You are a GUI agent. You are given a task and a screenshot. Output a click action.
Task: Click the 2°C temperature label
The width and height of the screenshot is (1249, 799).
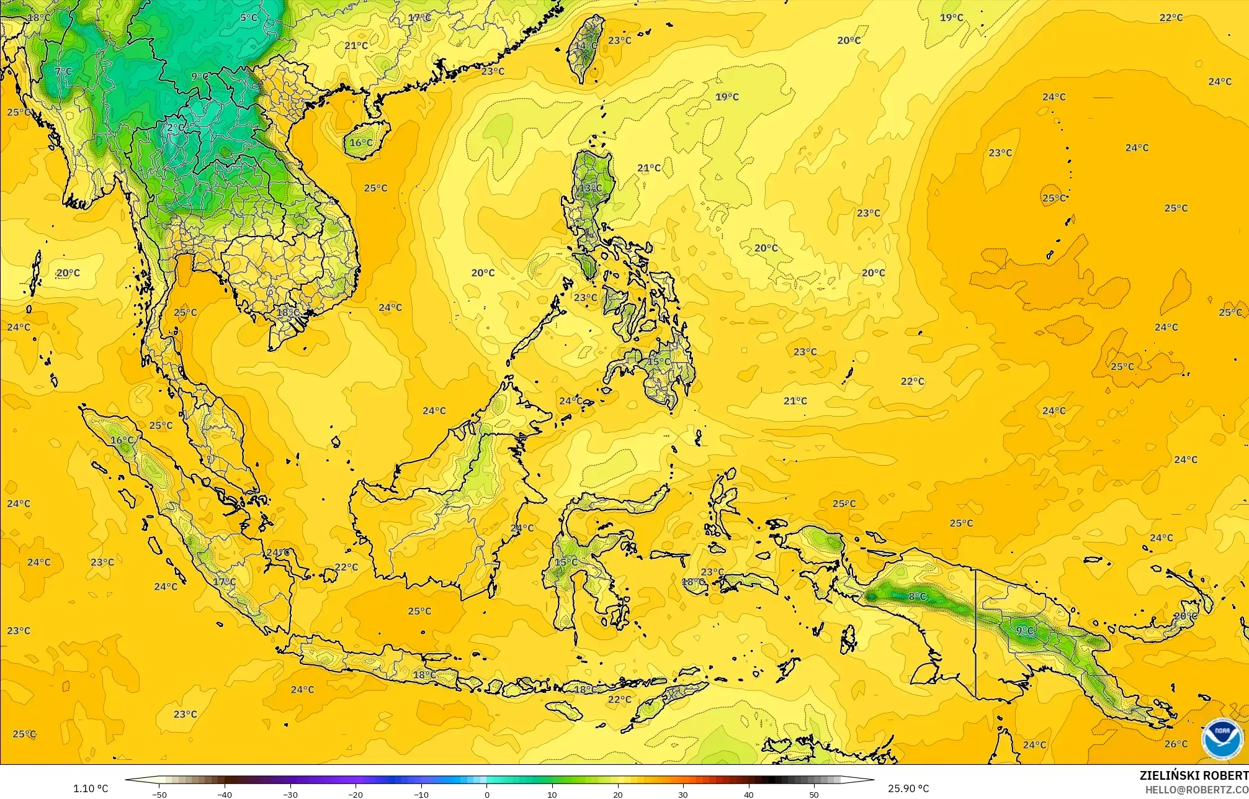pos(176,127)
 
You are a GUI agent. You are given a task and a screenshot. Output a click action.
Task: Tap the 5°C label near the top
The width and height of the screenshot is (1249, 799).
pos(249,17)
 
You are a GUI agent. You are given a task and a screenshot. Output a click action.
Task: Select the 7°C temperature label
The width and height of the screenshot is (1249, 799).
pos(63,71)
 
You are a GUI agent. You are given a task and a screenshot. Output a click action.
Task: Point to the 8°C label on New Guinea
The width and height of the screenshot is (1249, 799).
pos(917,597)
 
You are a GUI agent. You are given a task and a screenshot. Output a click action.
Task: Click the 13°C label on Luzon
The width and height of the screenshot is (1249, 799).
pos(590,187)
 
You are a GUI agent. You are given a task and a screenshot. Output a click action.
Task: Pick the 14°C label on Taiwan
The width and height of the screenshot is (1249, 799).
pos(585,45)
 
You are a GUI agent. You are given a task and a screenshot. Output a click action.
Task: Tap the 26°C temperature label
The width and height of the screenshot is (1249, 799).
pos(1176,744)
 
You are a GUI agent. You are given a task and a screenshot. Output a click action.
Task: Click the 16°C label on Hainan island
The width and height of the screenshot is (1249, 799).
pos(361,143)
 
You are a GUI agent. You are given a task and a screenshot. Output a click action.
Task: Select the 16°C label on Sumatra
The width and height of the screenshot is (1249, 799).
pos(122,440)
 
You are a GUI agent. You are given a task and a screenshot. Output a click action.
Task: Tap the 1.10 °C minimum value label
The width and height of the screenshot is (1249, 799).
pos(91,788)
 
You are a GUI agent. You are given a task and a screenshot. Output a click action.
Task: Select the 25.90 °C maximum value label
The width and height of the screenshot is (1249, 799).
pos(908,788)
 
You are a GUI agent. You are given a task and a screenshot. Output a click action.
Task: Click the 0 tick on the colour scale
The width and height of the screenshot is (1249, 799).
pos(487,794)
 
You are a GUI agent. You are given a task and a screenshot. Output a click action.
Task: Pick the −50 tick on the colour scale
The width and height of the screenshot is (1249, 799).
pos(159,794)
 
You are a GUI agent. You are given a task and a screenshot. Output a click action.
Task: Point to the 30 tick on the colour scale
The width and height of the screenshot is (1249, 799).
pos(683,794)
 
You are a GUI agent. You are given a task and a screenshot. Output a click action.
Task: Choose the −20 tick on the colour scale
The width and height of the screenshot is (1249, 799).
pos(356,794)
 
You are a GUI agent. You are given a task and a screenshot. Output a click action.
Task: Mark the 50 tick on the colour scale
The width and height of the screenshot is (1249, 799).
pos(814,794)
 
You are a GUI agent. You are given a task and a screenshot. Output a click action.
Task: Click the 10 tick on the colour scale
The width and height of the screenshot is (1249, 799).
pos(552,794)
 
